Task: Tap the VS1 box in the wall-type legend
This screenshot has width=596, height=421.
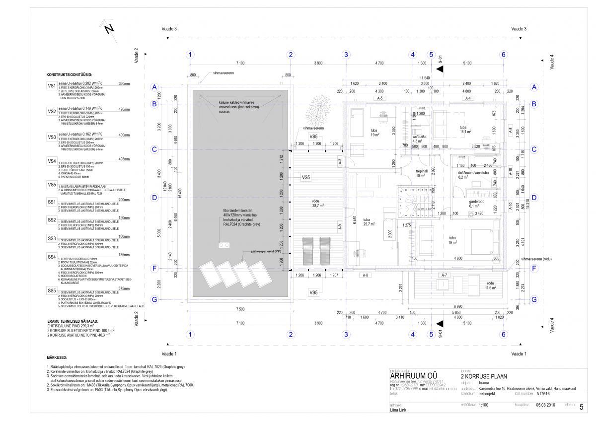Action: [x=52, y=86]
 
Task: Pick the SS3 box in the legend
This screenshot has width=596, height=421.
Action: [x=52, y=239]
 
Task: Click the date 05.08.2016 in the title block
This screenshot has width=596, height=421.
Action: [x=545, y=405]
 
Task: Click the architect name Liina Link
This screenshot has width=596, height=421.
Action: [x=398, y=411]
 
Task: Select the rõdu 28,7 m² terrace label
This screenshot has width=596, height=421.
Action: [x=318, y=203]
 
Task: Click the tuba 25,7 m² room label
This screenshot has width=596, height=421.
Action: [x=368, y=222]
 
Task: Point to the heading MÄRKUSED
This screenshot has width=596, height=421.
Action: [x=57, y=357]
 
